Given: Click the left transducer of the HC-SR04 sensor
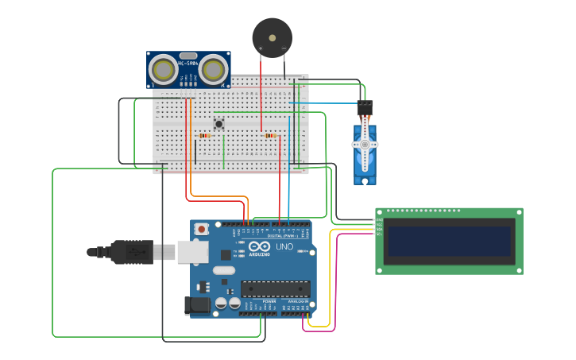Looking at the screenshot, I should [x=164, y=70].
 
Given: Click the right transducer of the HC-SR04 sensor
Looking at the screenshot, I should [x=213, y=70].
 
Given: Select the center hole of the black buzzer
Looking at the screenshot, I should [x=272, y=37].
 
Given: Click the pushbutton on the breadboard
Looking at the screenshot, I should [x=218, y=123].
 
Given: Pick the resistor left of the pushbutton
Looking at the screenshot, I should [x=205, y=136].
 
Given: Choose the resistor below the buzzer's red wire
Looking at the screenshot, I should [x=270, y=136].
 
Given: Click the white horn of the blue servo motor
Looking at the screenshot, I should [x=365, y=144].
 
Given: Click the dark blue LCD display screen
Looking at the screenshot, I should [x=449, y=242].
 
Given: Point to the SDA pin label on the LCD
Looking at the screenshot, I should [x=379, y=230].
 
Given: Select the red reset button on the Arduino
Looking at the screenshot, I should [x=202, y=229].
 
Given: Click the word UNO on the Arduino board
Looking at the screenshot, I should [x=284, y=247].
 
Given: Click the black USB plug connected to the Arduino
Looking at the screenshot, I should [x=131, y=252].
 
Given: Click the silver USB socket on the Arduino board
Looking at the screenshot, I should [x=191, y=252].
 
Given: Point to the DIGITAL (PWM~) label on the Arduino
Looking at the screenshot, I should [x=284, y=236].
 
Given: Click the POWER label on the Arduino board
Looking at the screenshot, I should [x=269, y=302].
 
